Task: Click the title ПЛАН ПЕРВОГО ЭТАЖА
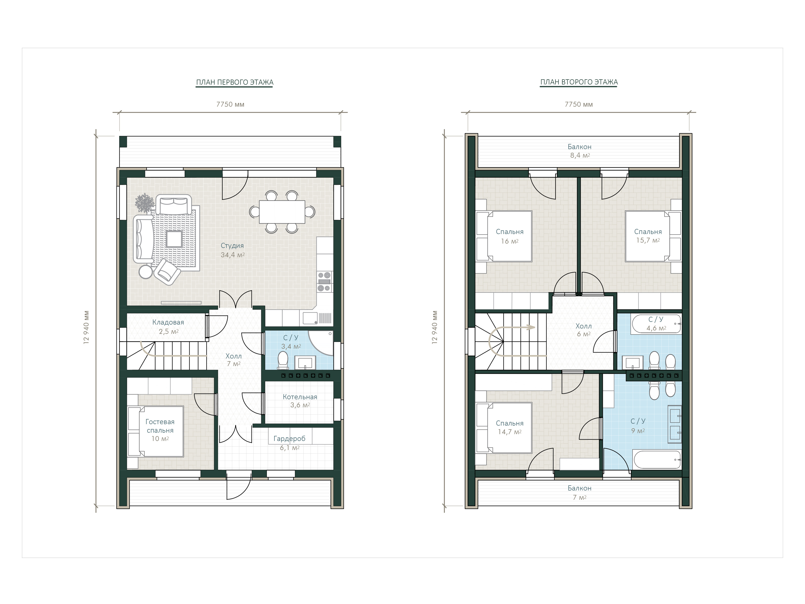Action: click(235, 82)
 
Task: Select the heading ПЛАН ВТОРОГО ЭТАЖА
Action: click(579, 82)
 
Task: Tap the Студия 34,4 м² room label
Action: click(232, 250)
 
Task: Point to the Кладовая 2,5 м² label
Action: click(168, 327)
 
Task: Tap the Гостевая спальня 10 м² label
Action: click(160, 430)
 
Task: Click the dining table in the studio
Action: click(282, 212)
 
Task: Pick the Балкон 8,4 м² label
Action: click(579, 151)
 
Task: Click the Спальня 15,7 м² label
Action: click(648, 236)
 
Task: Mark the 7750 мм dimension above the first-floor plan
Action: click(230, 104)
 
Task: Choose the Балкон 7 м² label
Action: click(579, 492)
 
